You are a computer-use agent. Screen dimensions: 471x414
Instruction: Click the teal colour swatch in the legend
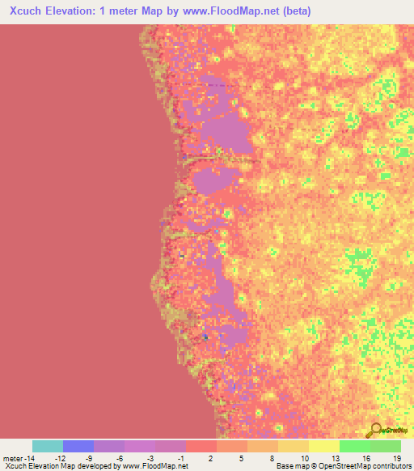(x=48, y=446)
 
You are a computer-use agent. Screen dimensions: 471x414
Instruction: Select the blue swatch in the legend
(x=78, y=446)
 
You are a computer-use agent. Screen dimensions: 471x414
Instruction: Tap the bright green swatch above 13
(x=355, y=446)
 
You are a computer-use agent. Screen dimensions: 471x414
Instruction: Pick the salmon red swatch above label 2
(x=201, y=446)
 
